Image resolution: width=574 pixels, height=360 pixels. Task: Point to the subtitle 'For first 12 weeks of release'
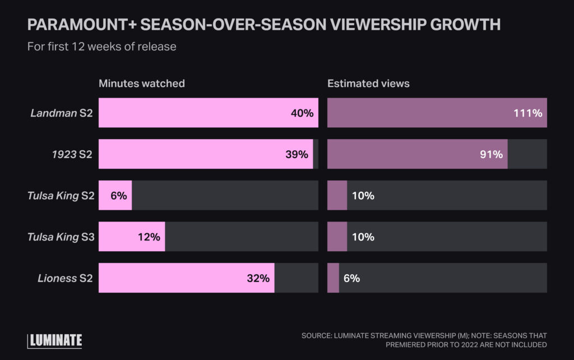tap(101, 47)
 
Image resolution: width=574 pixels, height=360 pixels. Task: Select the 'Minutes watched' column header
tap(142, 84)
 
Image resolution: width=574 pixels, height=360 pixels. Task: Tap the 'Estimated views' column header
tap(368, 84)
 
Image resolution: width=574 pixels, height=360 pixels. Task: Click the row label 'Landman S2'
tap(61, 113)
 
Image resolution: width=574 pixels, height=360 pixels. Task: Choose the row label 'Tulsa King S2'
tap(60, 196)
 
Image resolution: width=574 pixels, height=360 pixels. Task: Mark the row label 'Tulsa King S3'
tap(60, 237)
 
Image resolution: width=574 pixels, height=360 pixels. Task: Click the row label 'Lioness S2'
tap(64, 278)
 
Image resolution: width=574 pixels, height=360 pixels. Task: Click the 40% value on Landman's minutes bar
tap(302, 113)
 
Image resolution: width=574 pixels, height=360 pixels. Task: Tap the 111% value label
tap(527, 113)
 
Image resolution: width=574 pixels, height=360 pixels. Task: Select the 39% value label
tap(297, 154)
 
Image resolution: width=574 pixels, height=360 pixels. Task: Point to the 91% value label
tap(491, 154)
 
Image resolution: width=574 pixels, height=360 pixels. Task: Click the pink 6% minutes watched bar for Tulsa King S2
tap(115, 196)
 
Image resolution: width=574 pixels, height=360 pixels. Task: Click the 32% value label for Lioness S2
tap(258, 278)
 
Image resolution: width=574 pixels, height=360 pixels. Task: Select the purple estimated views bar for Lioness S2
tap(333, 278)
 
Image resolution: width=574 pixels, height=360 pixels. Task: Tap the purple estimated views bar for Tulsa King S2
tap(337, 196)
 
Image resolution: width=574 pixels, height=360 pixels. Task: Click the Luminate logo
tap(54, 340)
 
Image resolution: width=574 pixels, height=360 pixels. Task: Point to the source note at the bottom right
tap(424, 340)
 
